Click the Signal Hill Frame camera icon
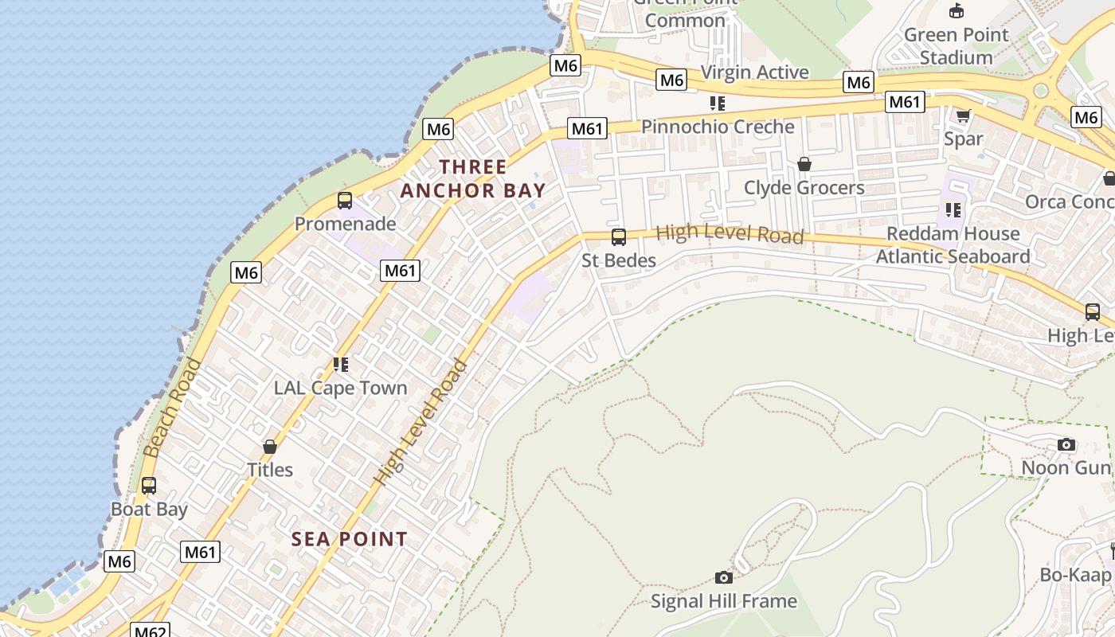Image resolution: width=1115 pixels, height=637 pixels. (723, 577)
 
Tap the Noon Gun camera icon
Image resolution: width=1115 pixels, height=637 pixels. (1066, 444)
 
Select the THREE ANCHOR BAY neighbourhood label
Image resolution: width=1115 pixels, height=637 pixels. (473, 178)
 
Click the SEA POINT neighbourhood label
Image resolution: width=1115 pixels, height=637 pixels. (349, 539)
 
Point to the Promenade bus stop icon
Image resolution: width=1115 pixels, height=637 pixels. (345, 200)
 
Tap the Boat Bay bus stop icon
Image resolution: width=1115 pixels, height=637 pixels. (149, 485)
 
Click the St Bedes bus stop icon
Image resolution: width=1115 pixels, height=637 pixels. (618, 236)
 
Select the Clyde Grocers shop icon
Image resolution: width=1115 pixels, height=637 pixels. (804, 164)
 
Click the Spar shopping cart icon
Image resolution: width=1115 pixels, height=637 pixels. (963, 116)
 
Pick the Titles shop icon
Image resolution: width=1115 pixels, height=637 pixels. (270, 447)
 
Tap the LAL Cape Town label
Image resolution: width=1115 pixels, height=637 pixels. (340, 388)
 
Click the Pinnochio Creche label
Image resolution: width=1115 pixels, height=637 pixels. (718, 127)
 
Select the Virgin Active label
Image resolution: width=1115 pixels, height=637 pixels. (754, 72)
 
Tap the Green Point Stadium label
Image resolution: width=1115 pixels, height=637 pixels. (956, 45)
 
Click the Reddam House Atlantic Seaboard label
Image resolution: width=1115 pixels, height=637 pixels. (953, 244)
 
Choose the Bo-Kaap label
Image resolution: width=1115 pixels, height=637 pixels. (1075, 574)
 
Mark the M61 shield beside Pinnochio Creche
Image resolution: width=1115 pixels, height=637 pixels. (587, 128)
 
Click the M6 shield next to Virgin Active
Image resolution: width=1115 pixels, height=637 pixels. (671, 80)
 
